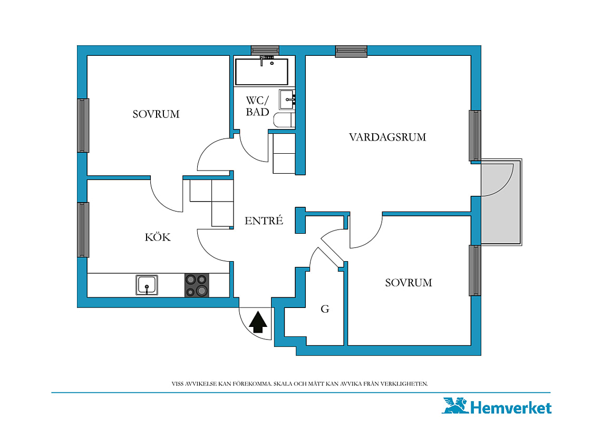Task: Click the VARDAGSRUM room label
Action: pyautogui.click(x=387, y=137)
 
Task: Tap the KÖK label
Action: pyautogui.click(x=158, y=237)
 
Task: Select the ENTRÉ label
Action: pyautogui.click(x=264, y=220)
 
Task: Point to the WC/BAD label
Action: pyautogui.click(x=258, y=106)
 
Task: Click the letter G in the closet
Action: pyautogui.click(x=325, y=308)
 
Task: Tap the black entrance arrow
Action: pyautogui.click(x=258, y=322)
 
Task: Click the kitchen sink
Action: pyautogui.click(x=147, y=285)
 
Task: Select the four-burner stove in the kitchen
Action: pyautogui.click(x=197, y=285)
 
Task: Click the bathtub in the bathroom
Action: pyautogui.click(x=261, y=72)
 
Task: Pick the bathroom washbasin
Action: pyautogui.click(x=287, y=99)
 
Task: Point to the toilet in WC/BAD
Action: pyautogui.click(x=284, y=120)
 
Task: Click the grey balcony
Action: pyautogui.click(x=501, y=202)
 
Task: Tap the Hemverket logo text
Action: pyautogui.click(x=511, y=407)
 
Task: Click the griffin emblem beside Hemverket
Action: pyautogui.click(x=455, y=405)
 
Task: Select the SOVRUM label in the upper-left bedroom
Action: pyautogui.click(x=156, y=114)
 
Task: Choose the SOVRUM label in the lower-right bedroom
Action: pyautogui.click(x=409, y=283)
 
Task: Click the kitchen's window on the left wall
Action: pyautogui.click(x=83, y=230)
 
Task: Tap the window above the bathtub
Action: pyautogui.click(x=265, y=50)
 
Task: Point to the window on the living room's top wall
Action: pyautogui.click(x=351, y=51)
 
